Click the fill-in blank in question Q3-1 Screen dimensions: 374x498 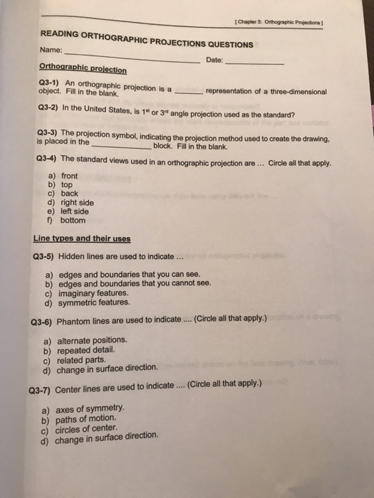click(188, 92)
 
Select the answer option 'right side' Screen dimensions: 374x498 click(78, 202)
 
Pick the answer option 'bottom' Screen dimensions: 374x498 click(73, 221)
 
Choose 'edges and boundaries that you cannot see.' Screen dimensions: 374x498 click(136, 283)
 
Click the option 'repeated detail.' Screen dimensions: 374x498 click(89, 350)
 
